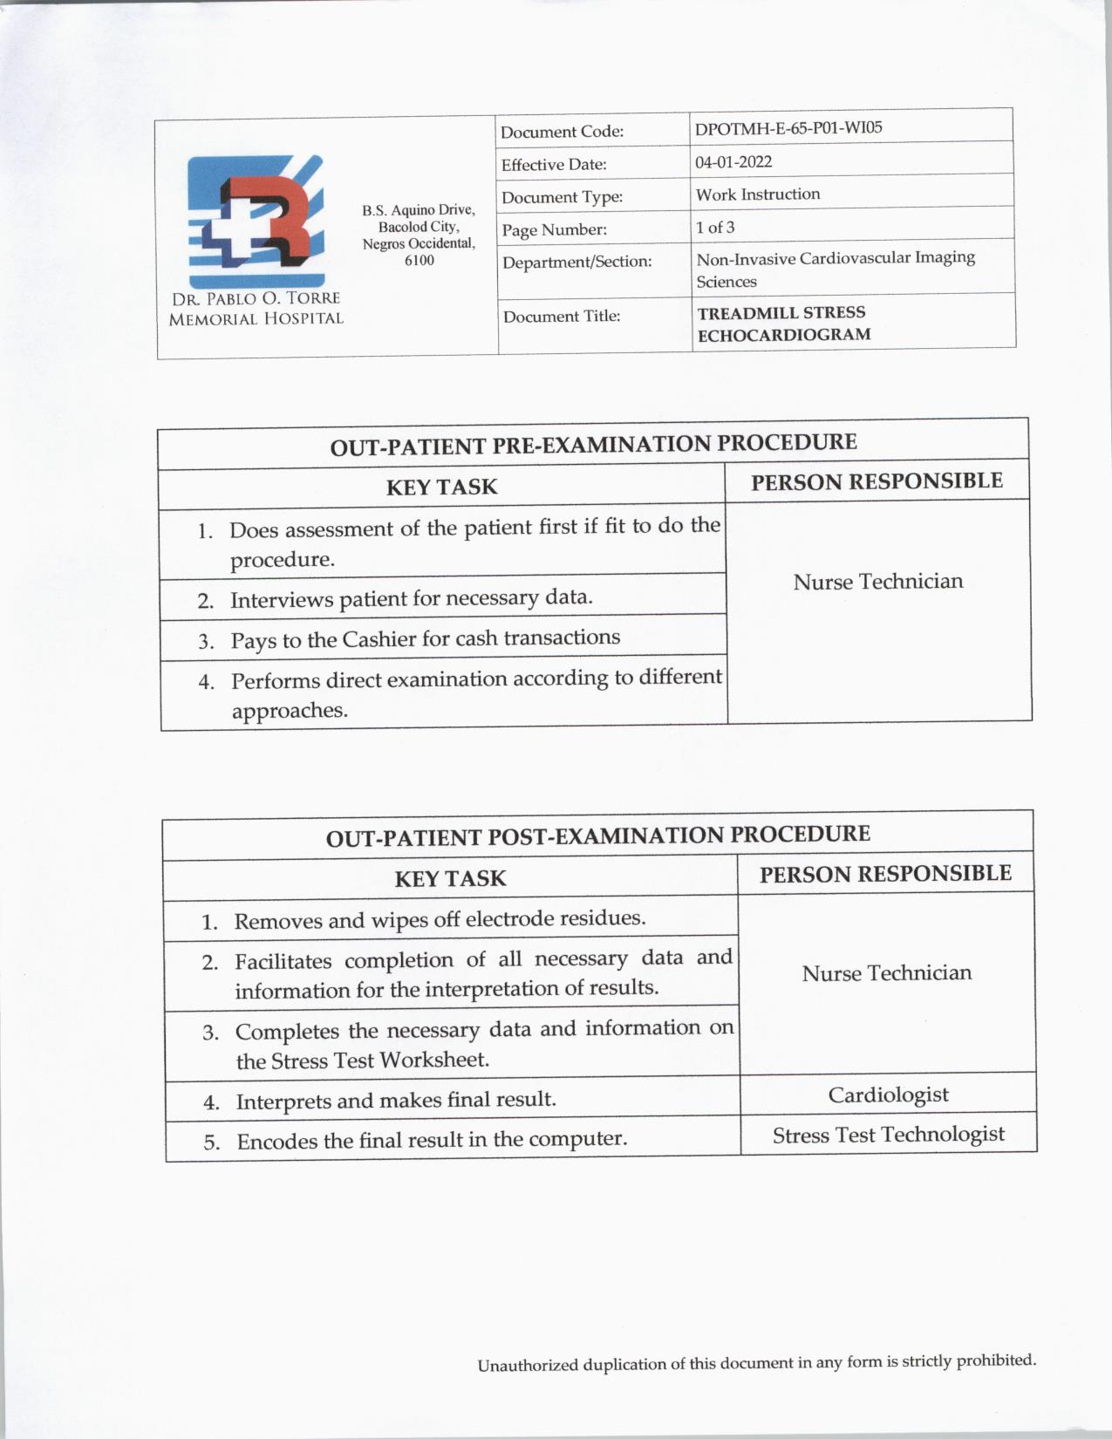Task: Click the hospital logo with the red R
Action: coord(256,222)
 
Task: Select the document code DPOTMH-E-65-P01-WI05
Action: coord(788,128)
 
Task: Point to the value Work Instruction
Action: coord(758,194)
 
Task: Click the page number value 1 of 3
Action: coord(715,228)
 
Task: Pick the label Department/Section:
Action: coord(576,262)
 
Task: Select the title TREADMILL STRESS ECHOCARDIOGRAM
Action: coord(782,323)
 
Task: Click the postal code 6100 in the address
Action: coord(419,260)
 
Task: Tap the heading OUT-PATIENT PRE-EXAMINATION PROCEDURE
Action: coord(593,444)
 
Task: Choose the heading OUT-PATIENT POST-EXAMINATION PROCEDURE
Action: coord(597,835)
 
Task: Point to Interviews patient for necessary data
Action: coord(411,599)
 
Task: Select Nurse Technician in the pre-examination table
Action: coord(878,582)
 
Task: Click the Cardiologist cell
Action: coord(888,1095)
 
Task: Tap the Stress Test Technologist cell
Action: coord(888,1135)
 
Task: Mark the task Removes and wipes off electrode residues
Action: coord(440,919)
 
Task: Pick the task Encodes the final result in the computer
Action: coord(432,1140)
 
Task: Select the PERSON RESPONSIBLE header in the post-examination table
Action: coord(885,874)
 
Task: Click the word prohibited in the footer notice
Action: coord(995,1360)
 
